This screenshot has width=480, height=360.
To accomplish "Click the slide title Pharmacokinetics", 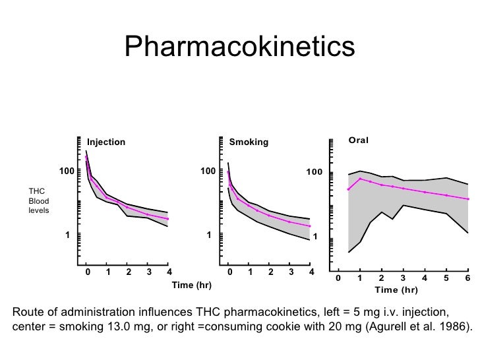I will tap(239, 47).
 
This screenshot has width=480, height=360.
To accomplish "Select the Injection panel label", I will tap(106, 142).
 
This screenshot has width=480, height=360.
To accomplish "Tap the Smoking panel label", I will tap(249, 142).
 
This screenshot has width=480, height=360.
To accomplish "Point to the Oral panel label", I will tap(359, 140).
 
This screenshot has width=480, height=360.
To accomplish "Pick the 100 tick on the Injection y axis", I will tap(66, 171).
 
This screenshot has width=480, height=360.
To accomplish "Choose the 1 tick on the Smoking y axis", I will tap(208, 235).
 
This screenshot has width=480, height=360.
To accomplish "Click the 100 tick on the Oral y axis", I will tap(314, 173).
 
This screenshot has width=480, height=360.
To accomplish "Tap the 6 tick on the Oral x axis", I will tap(467, 278).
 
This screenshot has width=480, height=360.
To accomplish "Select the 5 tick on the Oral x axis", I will tap(446, 278).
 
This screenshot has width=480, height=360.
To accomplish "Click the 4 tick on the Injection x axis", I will tap(169, 272).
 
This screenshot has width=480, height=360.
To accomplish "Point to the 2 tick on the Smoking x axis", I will tap(270, 272).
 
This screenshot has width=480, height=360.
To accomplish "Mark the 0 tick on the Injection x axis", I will tap(87, 272).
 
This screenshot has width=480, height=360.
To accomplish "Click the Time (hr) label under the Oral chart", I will tap(396, 290).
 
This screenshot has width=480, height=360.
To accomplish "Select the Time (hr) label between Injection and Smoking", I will tap(191, 285).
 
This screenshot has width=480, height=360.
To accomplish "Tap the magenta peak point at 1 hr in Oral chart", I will tap(360, 179).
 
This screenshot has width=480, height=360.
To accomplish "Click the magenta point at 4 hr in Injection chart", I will tap(168, 219).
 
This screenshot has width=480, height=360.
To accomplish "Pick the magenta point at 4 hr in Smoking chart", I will tap(310, 226).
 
